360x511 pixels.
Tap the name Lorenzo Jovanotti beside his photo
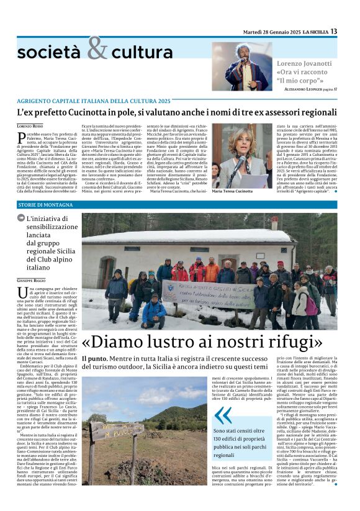[305, 64]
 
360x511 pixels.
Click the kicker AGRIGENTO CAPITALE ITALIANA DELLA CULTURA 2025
[93, 101]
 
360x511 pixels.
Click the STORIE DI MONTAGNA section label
[46, 204]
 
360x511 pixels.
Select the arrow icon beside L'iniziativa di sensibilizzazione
[21, 219]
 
